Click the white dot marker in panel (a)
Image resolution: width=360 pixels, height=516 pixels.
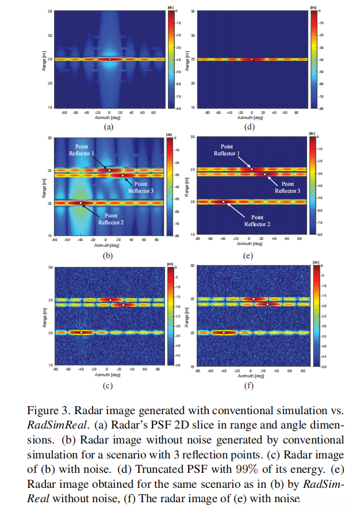pyautogui.click(x=110, y=59)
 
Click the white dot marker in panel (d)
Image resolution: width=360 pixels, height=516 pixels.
pyautogui.click(x=251, y=59)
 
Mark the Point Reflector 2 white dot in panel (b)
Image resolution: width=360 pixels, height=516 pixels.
pyautogui.click(x=81, y=203)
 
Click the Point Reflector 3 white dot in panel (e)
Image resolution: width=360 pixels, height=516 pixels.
pyautogui.click(x=265, y=174)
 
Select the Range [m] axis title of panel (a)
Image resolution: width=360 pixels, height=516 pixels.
pyautogui.click(x=44, y=59)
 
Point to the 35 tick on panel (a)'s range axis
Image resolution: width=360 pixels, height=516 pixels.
pyautogui.click(x=50, y=10)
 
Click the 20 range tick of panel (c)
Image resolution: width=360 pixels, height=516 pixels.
pyautogui.click(x=50, y=332)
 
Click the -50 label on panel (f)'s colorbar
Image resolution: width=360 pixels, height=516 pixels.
pyautogui.click(x=324, y=366)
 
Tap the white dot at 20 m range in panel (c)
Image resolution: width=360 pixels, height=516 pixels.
pyautogui.click(x=82, y=332)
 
